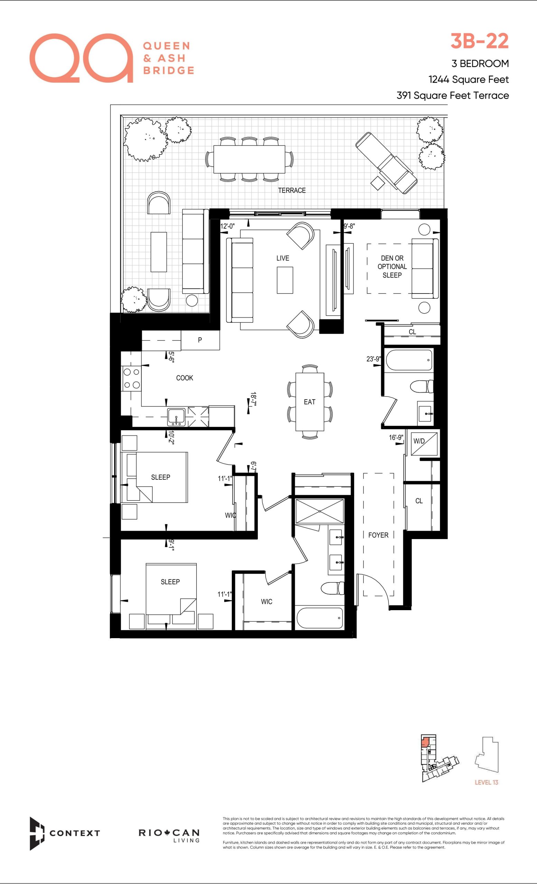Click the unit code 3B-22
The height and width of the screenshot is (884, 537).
[480, 41]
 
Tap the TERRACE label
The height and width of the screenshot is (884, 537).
[292, 191]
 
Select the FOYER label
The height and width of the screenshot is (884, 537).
[378, 535]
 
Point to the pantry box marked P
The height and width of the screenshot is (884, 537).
[200, 340]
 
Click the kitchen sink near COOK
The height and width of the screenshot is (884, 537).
[176, 417]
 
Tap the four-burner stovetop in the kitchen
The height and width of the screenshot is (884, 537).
[131, 378]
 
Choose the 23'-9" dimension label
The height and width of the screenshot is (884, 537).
[374, 359]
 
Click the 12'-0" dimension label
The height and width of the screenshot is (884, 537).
[227, 226]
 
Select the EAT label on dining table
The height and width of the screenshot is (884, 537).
[309, 402]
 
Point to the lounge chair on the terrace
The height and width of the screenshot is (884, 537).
[386, 163]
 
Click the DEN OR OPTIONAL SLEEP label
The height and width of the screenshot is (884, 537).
[392, 267]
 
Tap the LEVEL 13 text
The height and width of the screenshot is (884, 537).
[487, 782]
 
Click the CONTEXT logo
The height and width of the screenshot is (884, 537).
[65, 833]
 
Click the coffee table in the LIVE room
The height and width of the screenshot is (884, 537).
[285, 280]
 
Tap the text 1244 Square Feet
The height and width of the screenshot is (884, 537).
[469, 79]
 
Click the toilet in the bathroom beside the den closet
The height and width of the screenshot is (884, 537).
[422, 386]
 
